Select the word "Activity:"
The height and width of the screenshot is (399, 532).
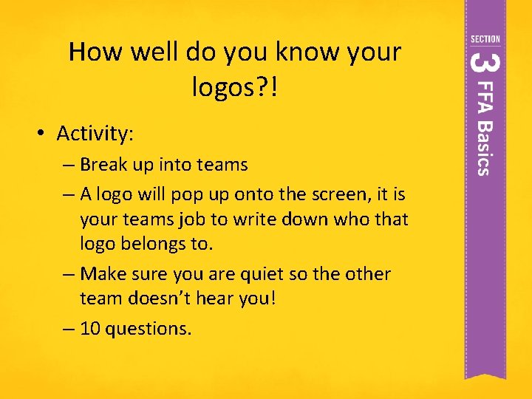point(95,134)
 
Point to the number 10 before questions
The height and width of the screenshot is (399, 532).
point(90,329)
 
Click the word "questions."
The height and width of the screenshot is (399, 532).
point(149,329)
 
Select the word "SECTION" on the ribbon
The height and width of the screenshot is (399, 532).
point(485,39)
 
